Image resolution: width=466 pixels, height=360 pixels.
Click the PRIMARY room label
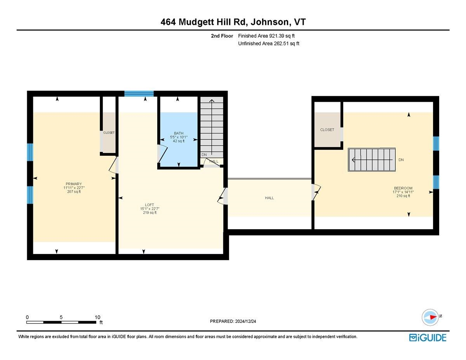click(73, 184)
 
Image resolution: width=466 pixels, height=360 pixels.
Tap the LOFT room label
click(150, 204)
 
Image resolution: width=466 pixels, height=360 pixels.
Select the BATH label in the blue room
click(179, 133)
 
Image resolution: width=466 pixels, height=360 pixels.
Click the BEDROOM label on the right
click(403, 188)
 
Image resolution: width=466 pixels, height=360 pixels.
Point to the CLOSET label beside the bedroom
click(327, 130)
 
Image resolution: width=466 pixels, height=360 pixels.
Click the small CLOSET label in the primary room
click(109, 133)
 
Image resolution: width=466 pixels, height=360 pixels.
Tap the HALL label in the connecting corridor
click(269, 198)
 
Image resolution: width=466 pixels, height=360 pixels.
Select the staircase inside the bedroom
click(372, 160)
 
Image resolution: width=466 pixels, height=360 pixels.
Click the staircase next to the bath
click(212, 126)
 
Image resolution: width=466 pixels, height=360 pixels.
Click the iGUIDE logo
click(428, 337)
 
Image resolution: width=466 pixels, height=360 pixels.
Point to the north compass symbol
click(430, 317)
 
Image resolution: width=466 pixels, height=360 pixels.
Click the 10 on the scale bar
click(97, 317)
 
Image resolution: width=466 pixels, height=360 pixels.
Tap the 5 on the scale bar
click(61, 317)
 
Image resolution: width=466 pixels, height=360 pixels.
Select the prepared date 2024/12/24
click(233, 321)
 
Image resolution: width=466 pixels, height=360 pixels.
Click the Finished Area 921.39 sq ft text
click(269, 36)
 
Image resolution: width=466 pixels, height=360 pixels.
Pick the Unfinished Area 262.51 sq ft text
click(268, 43)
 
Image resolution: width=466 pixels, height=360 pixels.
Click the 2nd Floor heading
click(222, 36)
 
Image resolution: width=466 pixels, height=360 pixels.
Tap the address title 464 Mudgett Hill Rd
click(233, 22)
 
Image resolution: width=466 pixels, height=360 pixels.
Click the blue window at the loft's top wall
click(139, 94)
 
